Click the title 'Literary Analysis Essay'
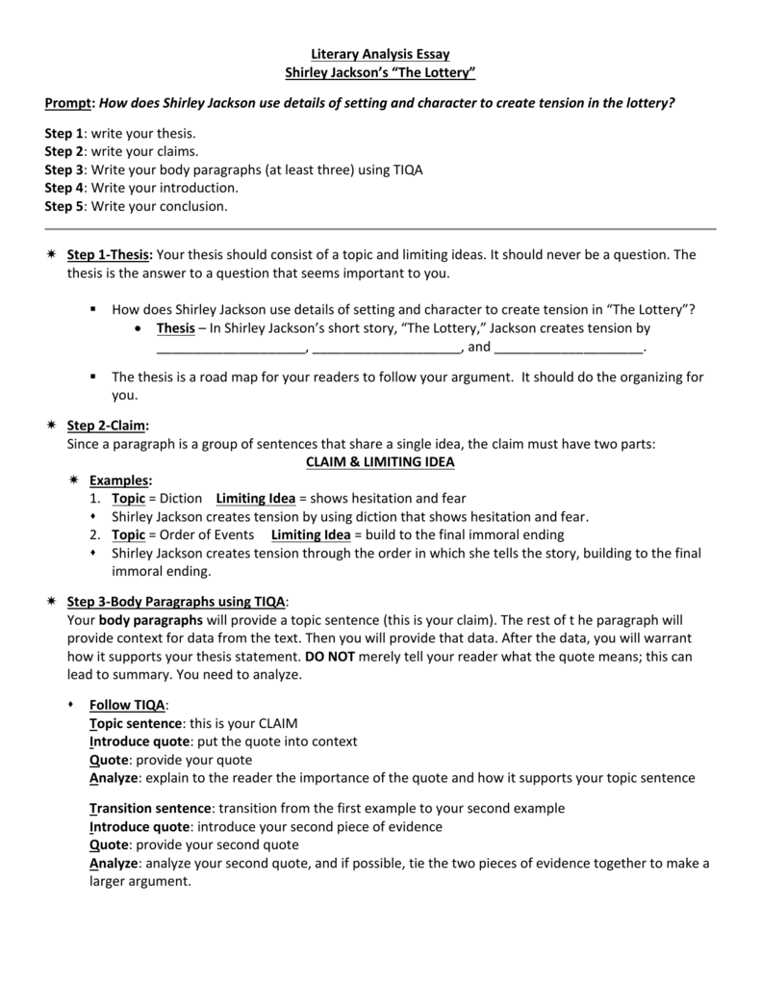380,55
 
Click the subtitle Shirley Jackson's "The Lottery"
380,73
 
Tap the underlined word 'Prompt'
69,103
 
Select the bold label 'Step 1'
64,133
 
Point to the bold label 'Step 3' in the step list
64,169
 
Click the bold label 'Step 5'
64,206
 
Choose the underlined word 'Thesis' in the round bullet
175,328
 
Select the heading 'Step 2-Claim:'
108,426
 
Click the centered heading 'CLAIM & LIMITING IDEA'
380,462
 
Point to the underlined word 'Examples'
119,480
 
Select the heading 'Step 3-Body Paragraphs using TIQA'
176,601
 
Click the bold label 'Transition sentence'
149,808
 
